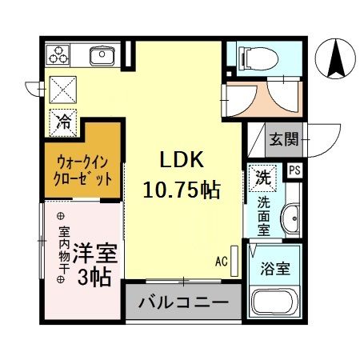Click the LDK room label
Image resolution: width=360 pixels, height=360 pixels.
pos(182,161)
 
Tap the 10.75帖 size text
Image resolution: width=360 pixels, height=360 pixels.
pos(182,190)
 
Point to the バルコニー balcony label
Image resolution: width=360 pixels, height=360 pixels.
pos(182,303)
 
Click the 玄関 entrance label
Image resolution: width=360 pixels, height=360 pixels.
pos(284,139)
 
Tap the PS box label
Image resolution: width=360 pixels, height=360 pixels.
pos(294,170)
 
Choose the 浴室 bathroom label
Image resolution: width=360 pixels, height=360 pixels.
pos(277,270)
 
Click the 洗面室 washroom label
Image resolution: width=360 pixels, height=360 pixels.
pos(262,214)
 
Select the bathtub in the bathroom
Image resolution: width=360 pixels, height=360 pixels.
pos(276,304)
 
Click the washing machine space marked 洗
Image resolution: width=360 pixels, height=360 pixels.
pos(262,178)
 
